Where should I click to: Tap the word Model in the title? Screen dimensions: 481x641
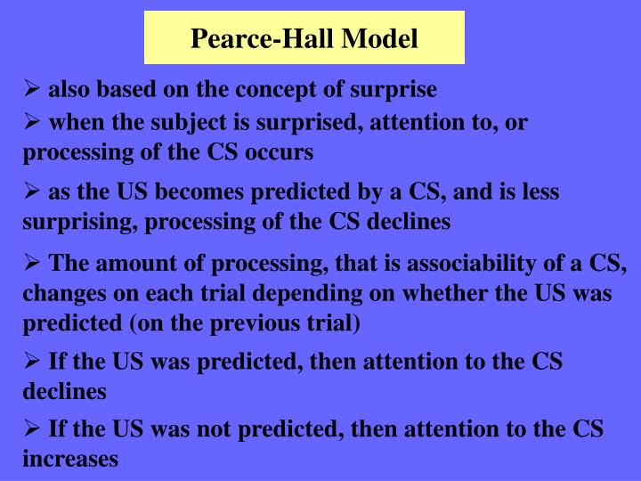[380, 39]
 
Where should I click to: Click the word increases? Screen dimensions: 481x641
[70, 459]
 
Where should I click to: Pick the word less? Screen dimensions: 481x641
[540, 192]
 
